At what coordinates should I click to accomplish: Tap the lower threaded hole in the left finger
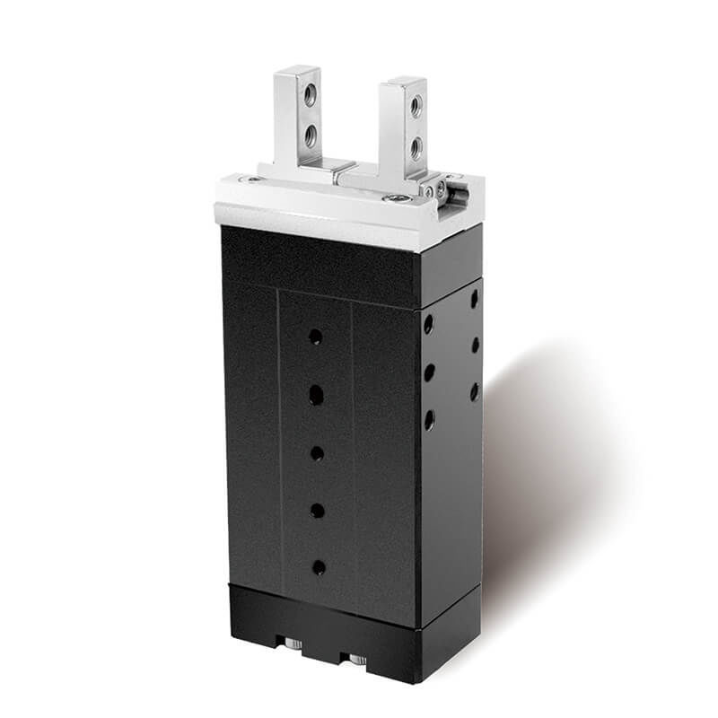(310, 135)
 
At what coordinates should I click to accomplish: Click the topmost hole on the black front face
(315, 337)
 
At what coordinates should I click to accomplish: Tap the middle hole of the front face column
(317, 453)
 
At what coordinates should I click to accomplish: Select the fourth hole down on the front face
(317, 511)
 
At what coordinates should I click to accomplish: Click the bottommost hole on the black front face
(318, 567)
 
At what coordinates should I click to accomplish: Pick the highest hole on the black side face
(473, 299)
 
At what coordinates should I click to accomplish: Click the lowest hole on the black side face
(429, 418)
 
